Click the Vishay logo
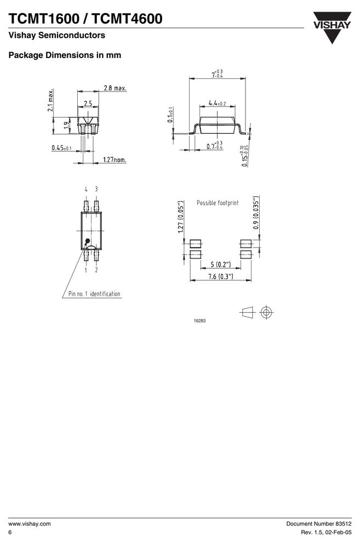[x=332, y=27]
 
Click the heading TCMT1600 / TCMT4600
[x=85, y=19]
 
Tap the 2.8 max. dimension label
[x=115, y=88]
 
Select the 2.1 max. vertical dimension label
[x=51, y=100]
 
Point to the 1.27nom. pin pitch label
[x=115, y=160]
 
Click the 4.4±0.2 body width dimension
[x=217, y=103]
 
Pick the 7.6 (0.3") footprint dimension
[x=221, y=277]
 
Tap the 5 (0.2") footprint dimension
[x=221, y=264]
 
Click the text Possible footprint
[x=218, y=203]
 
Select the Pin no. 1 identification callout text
[x=94, y=293]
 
